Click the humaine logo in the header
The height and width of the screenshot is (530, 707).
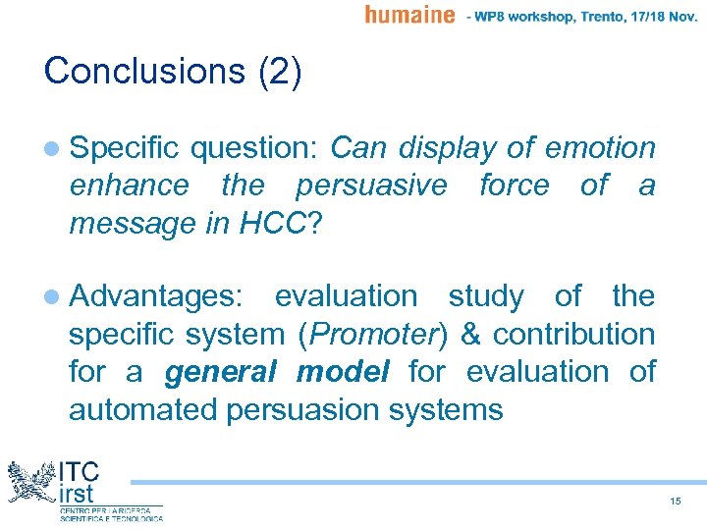click(x=409, y=14)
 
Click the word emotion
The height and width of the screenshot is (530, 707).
click(x=600, y=148)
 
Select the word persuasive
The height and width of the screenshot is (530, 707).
click(x=371, y=185)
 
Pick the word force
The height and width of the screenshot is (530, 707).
click(x=514, y=185)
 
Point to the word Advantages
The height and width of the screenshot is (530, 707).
click(x=160, y=296)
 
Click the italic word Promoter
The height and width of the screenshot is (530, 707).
click(x=372, y=334)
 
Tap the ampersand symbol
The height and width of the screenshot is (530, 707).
click(x=469, y=334)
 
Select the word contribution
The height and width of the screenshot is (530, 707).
click(x=573, y=334)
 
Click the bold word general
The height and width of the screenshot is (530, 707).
click(x=222, y=372)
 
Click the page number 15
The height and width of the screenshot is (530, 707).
click(x=675, y=502)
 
